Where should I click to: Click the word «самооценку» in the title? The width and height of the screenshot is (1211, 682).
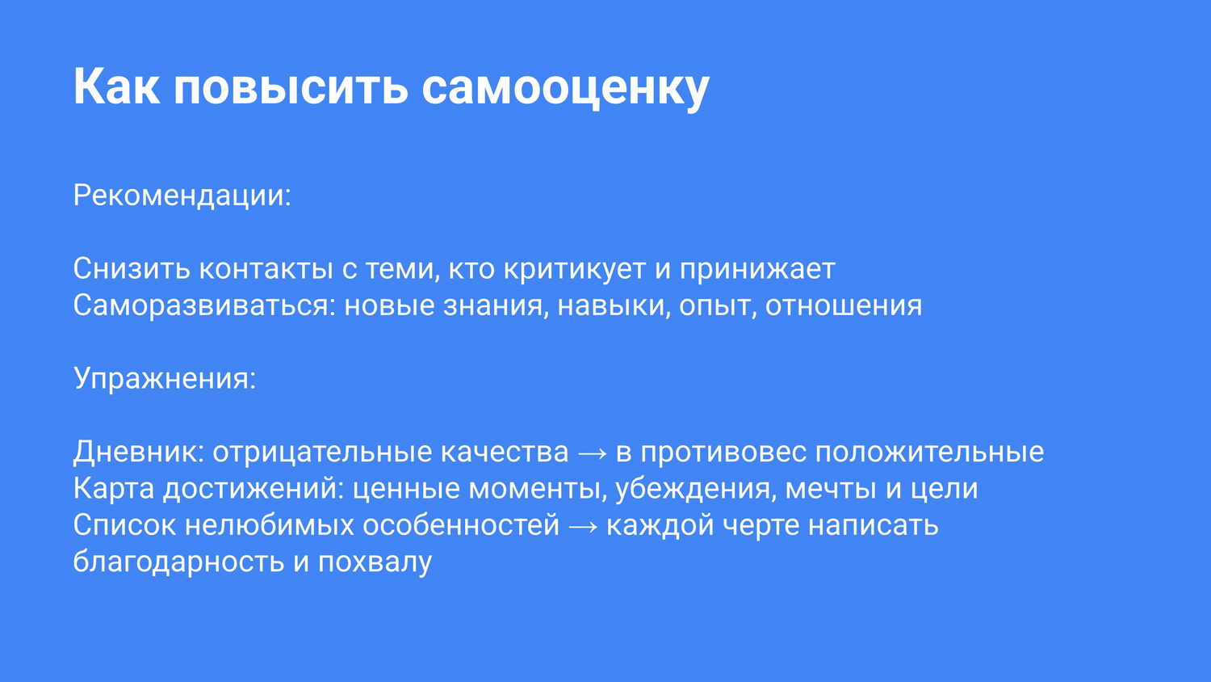[x=565, y=88]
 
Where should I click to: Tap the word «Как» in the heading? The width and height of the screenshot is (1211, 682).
[x=116, y=86]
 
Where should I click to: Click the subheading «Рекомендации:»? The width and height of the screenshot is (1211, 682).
[x=182, y=196]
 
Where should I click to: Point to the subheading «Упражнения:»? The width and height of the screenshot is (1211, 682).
[x=165, y=378]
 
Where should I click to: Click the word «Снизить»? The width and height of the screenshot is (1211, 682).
[x=132, y=268]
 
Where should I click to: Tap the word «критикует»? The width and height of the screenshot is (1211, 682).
[x=575, y=270]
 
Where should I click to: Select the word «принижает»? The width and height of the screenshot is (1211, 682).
[x=757, y=270]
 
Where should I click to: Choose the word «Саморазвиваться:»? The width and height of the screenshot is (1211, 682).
[x=204, y=305]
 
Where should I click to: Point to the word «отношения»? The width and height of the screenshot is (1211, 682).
[x=844, y=305]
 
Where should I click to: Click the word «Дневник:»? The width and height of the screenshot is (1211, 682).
[x=138, y=452]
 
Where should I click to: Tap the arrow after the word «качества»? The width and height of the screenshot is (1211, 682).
[x=593, y=453]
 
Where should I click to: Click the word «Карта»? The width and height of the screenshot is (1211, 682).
[x=114, y=489]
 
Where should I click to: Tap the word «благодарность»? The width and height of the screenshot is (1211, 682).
[x=178, y=562]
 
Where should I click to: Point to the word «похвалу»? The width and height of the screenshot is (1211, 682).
[x=375, y=562]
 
